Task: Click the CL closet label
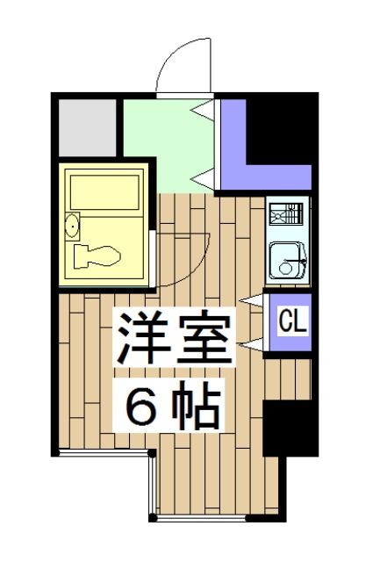pyautogui.click(x=292, y=322)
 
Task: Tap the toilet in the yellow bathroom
pyautogui.click(x=97, y=257)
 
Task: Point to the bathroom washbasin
pyautogui.click(x=73, y=227)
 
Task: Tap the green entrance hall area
pyautogui.click(x=167, y=145)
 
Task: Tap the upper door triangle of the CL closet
pyautogui.click(x=254, y=303)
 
